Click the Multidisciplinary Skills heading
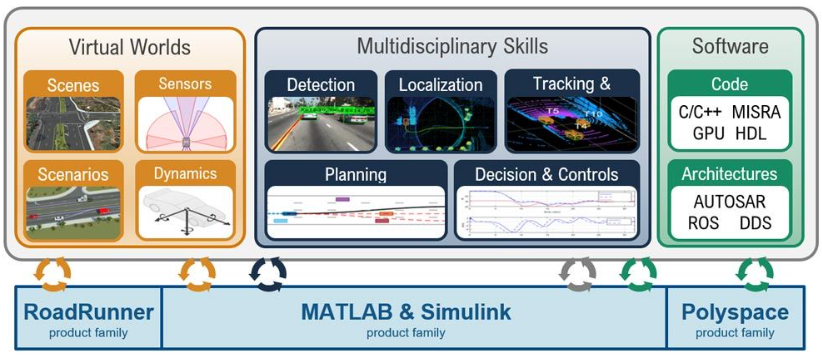[x=452, y=46]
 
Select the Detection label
[x=320, y=84]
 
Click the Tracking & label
[x=570, y=84]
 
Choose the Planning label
[x=355, y=174]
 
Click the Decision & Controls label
[x=546, y=174]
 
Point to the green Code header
[x=729, y=85]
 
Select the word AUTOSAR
[x=729, y=201]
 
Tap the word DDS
[x=755, y=222]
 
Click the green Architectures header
[x=729, y=174]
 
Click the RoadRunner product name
[x=89, y=312]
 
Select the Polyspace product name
[x=734, y=312]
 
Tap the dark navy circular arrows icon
[x=267, y=272]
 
